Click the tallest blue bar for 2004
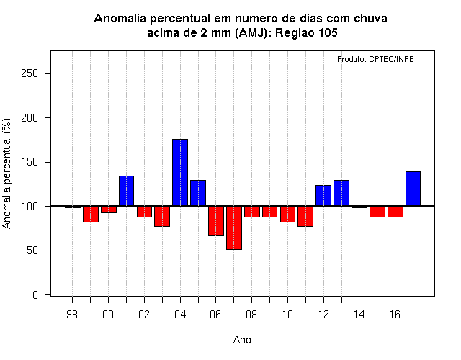click(180, 173)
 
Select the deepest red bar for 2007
click(234, 228)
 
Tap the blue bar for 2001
click(127, 191)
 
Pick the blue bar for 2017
click(413, 189)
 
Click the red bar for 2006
click(216, 221)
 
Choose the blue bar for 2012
click(323, 196)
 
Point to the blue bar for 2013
click(341, 193)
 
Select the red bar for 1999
click(91, 214)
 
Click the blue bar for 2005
click(198, 193)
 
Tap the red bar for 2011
click(305, 216)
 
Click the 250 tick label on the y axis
click(30, 73)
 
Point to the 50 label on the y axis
click(32, 251)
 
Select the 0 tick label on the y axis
click(35, 294)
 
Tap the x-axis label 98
click(72, 315)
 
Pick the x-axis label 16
click(395, 315)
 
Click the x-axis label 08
click(251, 315)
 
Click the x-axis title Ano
click(242, 340)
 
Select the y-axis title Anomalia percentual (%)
click(6, 174)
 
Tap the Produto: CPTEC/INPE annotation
click(375, 59)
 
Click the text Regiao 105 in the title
click(306, 32)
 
